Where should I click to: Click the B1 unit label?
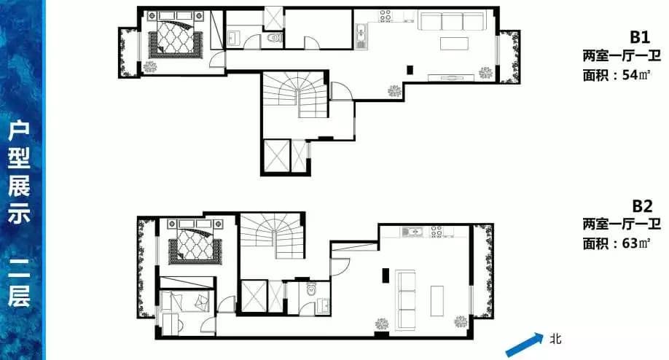(640, 37)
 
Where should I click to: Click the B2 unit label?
(642, 206)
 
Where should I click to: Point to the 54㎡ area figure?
(636, 75)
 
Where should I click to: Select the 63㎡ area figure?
(636, 243)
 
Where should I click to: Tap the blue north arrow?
(525, 345)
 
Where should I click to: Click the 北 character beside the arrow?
(555, 339)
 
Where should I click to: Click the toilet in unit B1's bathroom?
(275, 39)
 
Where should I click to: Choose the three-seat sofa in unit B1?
(451, 21)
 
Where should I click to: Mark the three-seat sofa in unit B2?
(406, 300)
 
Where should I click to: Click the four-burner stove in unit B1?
(386, 16)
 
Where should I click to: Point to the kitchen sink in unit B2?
(412, 232)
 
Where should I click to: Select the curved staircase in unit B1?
(295, 95)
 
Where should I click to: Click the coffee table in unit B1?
(455, 44)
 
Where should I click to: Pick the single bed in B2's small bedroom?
(186, 301)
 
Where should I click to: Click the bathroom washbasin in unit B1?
(234, 38)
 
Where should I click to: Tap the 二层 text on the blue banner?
(19, 281)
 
